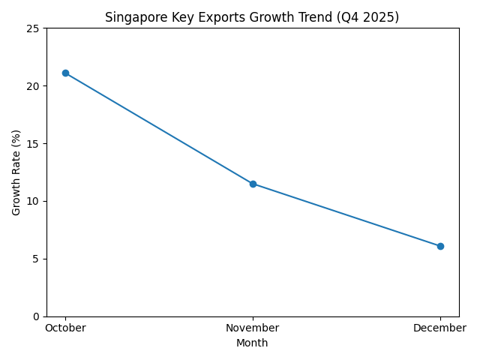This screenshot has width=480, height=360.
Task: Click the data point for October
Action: coord(65,73)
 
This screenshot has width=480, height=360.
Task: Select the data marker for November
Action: coord(253,184)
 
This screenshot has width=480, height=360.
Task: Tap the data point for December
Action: coord(440,246)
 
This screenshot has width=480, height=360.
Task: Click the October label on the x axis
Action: coord(65,328)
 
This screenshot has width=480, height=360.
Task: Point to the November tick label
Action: coord(253,328)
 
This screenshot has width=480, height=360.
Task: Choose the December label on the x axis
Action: coord(440,328)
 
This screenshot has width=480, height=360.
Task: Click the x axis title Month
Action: coord(252,343)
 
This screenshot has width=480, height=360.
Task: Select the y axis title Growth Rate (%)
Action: coord(16,172)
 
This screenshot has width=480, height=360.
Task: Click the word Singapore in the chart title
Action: coord(131,16)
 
